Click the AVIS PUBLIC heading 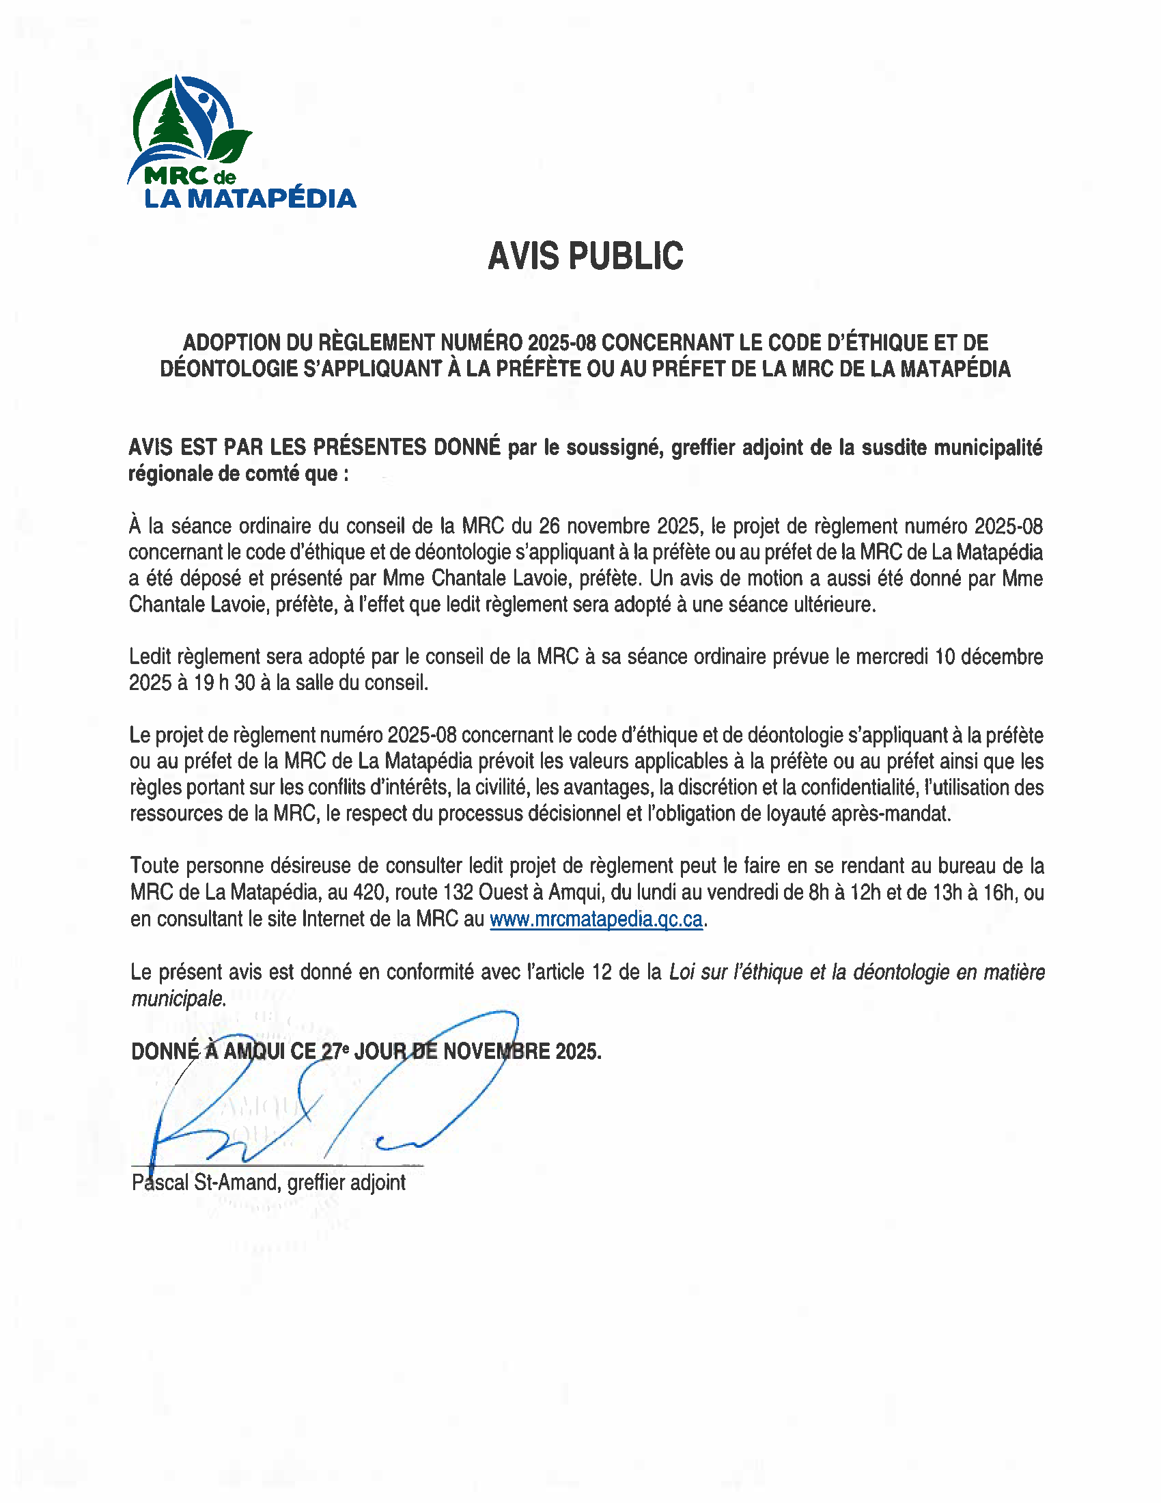coord(585,256)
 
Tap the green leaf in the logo coord(230,146)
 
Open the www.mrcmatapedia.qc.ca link coord(596,920)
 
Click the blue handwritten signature coord(330,1101)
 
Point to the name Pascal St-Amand coord(206,1183)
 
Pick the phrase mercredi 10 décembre coord(949,657)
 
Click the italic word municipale coord(178,998)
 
